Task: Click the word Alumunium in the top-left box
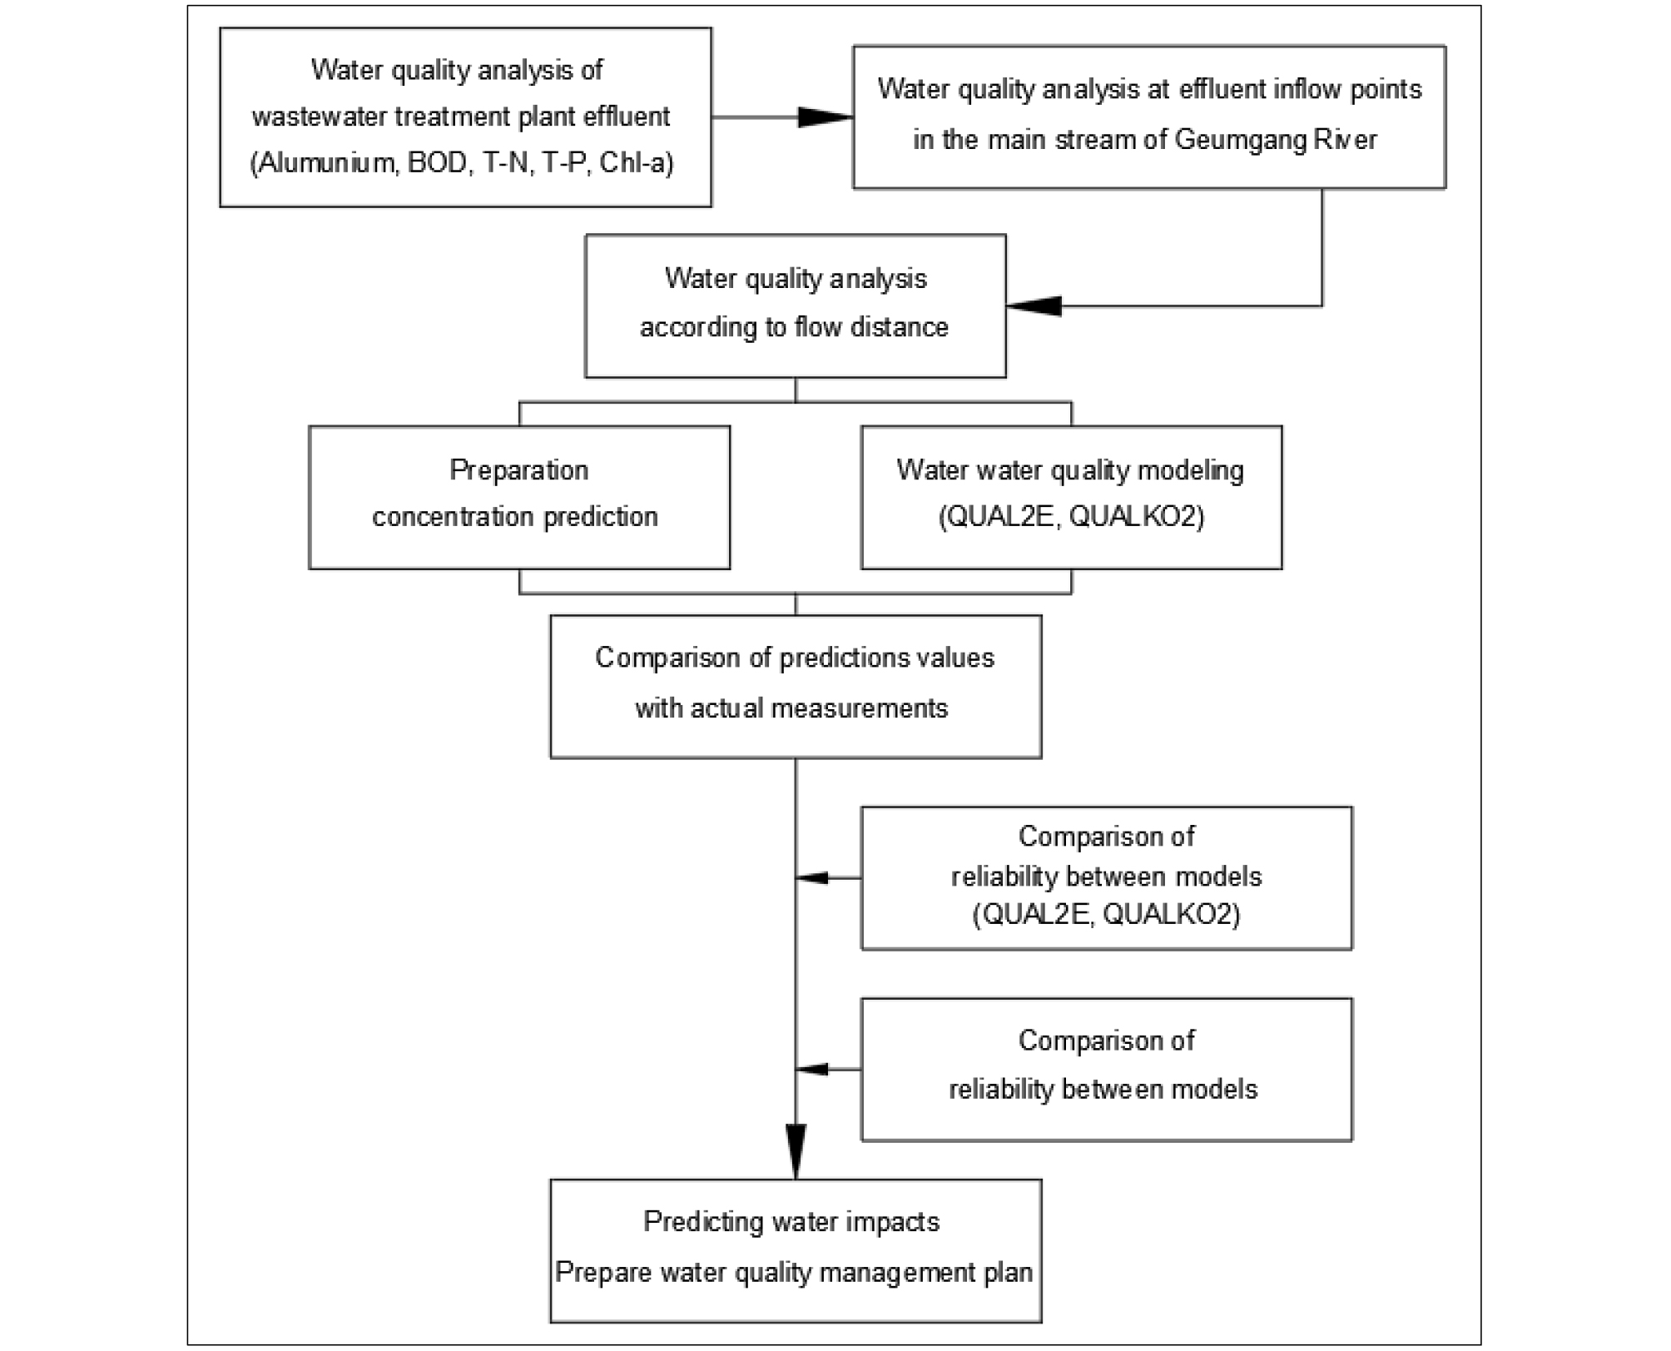327,162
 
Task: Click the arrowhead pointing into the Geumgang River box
826,117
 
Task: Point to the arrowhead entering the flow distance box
1034,305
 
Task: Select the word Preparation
519,470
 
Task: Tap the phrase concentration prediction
515,517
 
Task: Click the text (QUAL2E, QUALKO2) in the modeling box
1072,517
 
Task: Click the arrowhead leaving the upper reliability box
812,877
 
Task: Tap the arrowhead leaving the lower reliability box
812,1069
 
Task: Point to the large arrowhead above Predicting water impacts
796,1151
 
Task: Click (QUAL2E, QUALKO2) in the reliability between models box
1107,915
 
